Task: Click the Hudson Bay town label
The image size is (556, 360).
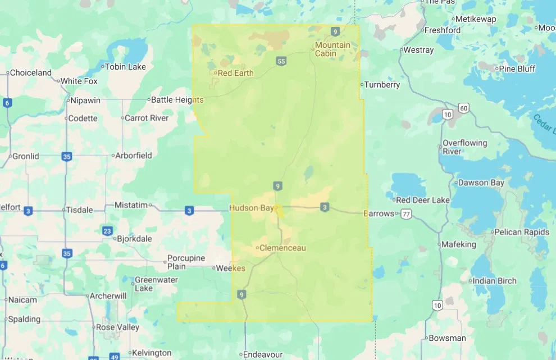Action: click(251, 208)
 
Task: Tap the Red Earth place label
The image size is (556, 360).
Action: click(235, 73)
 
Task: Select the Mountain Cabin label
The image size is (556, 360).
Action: click(332, 49)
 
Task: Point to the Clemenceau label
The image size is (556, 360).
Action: click(282, 248)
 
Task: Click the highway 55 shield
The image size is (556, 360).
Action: click(281, 61)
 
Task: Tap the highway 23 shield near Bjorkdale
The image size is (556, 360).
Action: click(107, 230)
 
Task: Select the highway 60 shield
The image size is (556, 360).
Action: click(463, 107)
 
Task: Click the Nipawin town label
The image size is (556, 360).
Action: click(83, 101)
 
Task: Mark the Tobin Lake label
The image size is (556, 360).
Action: click(125, 67)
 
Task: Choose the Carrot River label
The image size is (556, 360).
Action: click(146, 118)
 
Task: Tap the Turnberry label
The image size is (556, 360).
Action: click(382, 85)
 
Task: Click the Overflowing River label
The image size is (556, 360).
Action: click(464, 147)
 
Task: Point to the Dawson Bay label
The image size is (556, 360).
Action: click(481, 183)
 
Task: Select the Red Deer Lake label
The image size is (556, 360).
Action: click(422, 200)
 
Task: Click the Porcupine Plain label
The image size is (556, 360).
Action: click(184, 262)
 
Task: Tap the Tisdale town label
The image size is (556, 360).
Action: click(79, 210)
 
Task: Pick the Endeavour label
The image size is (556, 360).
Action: click(261, 354)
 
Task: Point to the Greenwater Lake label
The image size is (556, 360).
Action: click(156, 284)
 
